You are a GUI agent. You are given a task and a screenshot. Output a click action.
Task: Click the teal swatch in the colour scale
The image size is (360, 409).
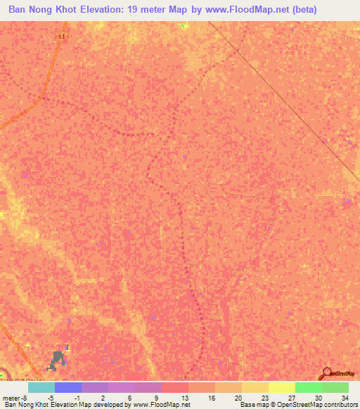[41, 387]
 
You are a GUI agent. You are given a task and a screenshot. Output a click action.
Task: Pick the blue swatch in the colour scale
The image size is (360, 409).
[67, 387]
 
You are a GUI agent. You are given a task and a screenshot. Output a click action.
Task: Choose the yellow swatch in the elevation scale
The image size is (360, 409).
[281, 387]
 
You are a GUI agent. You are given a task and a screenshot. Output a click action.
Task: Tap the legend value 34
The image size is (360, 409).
[344, 396]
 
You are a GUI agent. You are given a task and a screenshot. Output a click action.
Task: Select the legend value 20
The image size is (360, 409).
[238, 396]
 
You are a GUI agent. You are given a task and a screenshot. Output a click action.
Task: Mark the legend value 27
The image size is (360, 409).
[291, 396]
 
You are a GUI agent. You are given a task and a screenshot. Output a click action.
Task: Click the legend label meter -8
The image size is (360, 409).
[14, 396]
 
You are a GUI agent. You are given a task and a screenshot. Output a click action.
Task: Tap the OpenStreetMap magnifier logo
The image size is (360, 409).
[326, 374]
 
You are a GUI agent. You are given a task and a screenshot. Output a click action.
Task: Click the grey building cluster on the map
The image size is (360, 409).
[56, 360]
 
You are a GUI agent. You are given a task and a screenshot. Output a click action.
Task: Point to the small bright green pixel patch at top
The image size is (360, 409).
[185, 26]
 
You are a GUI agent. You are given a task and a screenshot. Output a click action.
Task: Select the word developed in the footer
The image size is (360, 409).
[112, 405]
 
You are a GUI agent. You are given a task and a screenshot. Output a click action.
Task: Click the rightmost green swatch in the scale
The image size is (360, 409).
[335, 387]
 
